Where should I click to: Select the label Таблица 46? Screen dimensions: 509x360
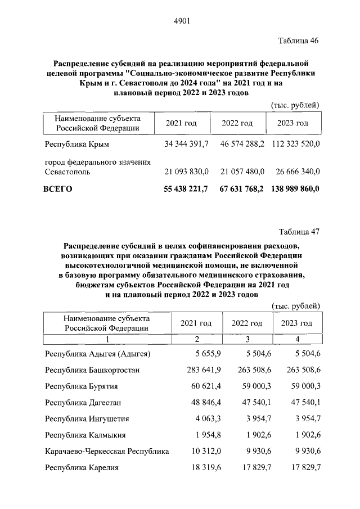point(299,41)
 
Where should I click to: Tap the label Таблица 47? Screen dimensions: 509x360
point(299,231)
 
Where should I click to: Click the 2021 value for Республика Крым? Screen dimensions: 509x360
point(186,145)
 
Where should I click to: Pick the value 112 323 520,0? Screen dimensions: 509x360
point(296,145)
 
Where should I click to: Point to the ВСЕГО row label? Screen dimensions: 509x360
point(58,189)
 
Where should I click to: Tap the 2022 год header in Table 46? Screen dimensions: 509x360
point(237,124)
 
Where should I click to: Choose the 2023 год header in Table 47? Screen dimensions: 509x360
point(296,323)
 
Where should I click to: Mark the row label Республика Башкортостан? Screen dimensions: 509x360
point(92,370)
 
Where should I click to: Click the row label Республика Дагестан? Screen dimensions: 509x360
point(83,403)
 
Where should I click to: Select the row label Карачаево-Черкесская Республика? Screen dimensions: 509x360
point(107,452)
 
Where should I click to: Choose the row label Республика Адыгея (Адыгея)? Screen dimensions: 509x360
point(98,354)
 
